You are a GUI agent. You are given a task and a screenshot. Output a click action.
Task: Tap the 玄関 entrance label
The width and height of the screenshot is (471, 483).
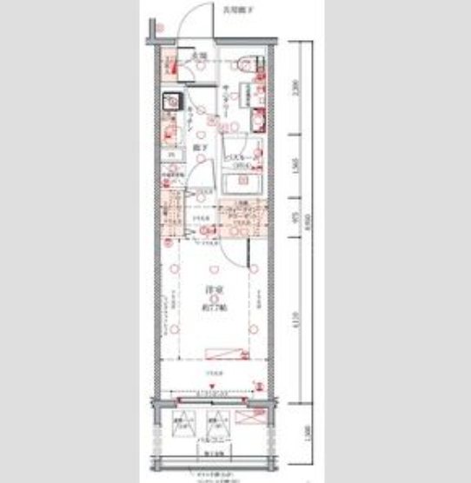[x=199, y=56]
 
